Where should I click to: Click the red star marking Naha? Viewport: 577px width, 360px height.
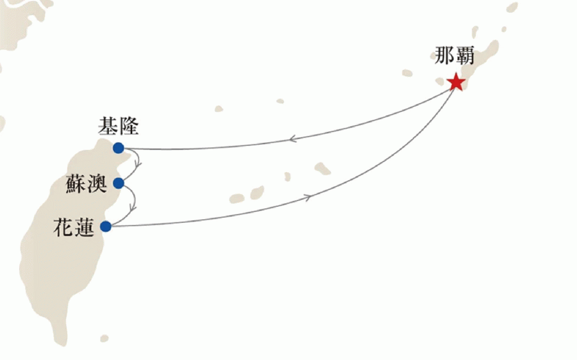[x=456, y=82]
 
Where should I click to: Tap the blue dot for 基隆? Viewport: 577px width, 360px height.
[x=119, y=148]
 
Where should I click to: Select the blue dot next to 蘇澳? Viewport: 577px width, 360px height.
[x=119, y=183]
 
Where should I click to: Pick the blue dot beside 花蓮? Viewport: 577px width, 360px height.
[x=106, y=226]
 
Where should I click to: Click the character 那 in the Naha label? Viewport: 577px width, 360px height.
[x=444, y=56]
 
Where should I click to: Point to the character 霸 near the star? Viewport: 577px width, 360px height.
[x=464, y=56]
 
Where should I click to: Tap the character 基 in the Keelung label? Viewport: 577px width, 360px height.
[x=108, y=126]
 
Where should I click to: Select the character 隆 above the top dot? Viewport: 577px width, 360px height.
[x=128, y=126]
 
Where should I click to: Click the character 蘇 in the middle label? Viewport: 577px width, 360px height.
[x=76, y=183]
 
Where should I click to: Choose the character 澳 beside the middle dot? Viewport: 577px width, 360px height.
[x=96, y=183]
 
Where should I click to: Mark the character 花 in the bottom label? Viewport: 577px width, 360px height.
[x=63, y=227]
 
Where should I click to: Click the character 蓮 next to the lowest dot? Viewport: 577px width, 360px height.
[x=84, y=227]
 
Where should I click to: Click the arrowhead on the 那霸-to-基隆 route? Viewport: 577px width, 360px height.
[x=292, y=139]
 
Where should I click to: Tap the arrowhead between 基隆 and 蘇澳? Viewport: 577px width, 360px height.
[x=138, y=165]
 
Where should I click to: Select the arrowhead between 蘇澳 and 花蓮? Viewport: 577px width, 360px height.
[x=133, y=208]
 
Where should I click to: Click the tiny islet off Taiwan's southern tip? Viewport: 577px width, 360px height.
[x=105, y=338]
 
